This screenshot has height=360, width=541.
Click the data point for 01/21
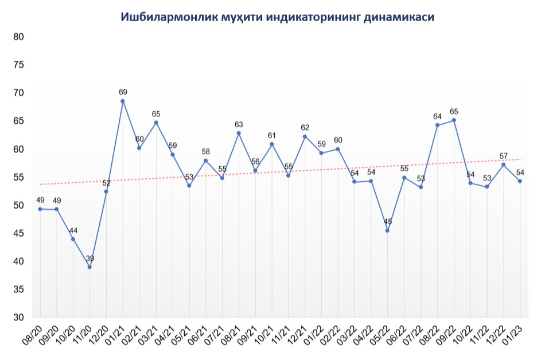pos(123,101)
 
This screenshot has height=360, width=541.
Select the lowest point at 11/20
pos(89,267)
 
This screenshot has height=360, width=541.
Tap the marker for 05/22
pos(388,230)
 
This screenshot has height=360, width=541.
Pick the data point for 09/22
pos(454,120)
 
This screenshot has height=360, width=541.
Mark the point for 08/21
pos(239,133)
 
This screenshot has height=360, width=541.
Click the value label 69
pos(123,92)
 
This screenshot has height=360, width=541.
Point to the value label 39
pos(89,258)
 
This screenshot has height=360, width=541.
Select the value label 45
pos(388,221)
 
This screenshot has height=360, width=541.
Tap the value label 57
pos(504,156)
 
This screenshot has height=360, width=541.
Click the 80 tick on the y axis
pos(18,37)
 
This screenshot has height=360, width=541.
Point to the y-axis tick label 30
pos(18,318)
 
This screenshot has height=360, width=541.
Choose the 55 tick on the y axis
pos(18,178)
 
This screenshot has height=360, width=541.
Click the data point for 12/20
pos(106,191)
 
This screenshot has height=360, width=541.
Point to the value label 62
pos(305,127)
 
